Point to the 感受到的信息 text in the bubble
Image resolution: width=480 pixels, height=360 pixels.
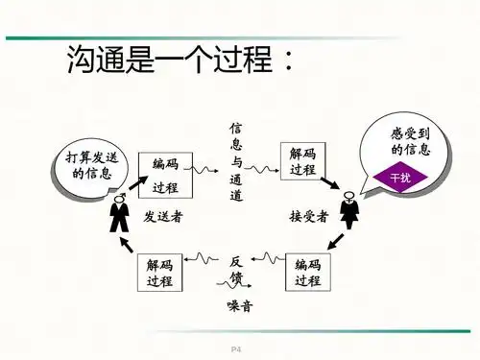click(410, 142)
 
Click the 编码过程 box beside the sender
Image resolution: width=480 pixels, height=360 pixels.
click(165, 176)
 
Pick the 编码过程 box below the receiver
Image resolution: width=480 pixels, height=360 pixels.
click(307, 273)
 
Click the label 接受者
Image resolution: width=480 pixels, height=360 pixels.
click(309, 217)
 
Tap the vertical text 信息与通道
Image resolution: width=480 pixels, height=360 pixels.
click(236, 161)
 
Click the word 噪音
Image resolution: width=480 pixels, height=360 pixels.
click(240, 306)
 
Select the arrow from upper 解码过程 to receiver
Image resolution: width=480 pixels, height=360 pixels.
click(330, 182)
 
